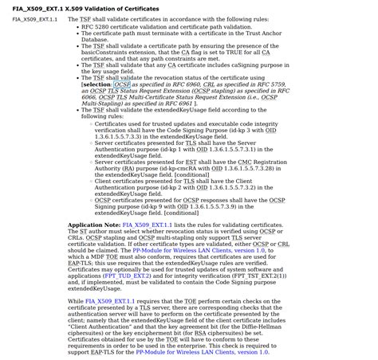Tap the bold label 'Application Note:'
point(95,225)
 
